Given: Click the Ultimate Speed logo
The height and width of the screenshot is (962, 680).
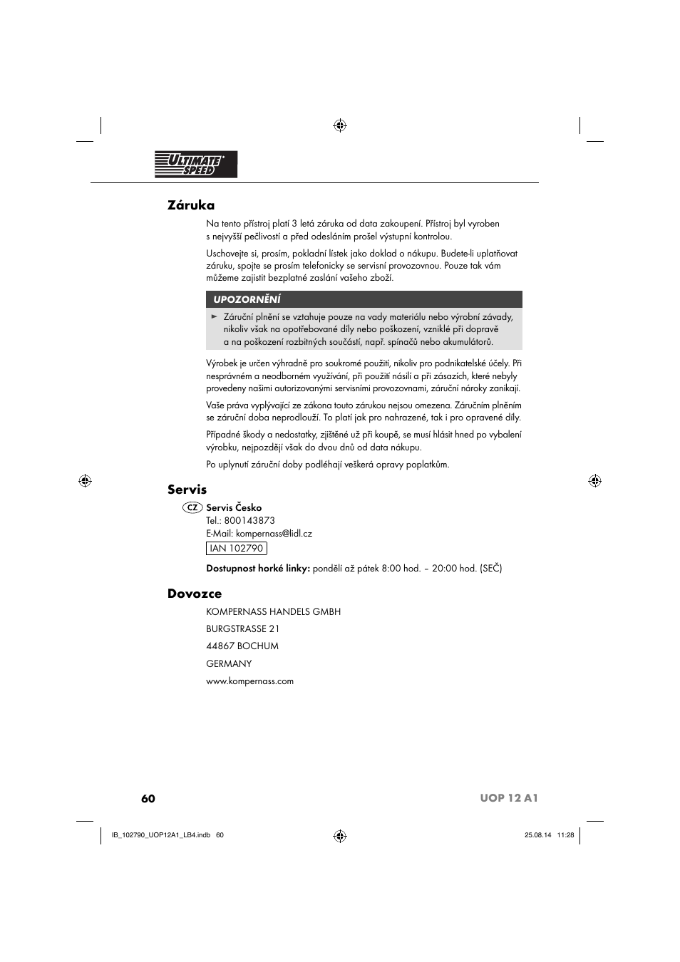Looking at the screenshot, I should pos(196,165).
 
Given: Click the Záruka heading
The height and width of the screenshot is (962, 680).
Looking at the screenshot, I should pos(191,205).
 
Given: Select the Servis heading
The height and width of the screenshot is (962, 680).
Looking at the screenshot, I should pos(187,490).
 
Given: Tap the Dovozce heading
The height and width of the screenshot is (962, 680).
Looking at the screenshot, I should pos(195,594).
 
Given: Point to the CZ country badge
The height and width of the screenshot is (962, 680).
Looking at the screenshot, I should pos(191,508).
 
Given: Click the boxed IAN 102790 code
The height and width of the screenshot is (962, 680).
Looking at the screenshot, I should pos(237,549).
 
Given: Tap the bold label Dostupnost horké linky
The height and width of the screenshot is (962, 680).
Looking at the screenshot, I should pos(258,569).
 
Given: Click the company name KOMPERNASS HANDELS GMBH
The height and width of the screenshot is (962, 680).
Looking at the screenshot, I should pos(273,611).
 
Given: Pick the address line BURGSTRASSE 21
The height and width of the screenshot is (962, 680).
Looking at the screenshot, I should pos(242,629).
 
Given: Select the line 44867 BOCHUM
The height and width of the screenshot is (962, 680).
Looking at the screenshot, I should pos(242,646).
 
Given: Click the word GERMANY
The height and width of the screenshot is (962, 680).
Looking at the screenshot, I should pos(229,663).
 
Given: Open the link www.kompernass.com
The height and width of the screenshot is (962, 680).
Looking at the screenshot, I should pos(249,681).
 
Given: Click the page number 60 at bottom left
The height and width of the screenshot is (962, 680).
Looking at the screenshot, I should pos(148,798).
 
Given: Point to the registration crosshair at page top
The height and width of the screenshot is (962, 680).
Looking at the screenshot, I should pos(340,125).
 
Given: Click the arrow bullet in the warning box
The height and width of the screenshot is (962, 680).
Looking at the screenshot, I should pos(214,316).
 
